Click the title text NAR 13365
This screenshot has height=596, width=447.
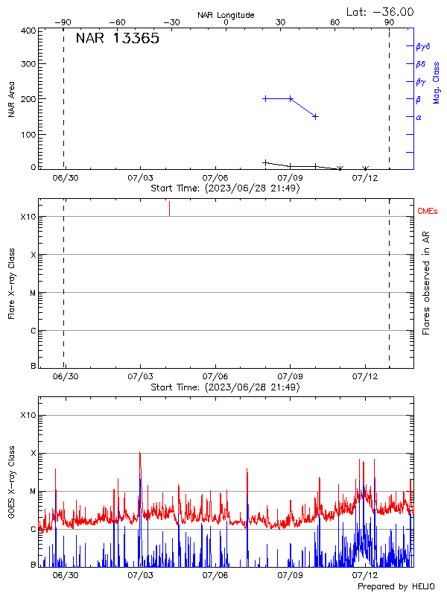pyautogui.click(x=118, y=39)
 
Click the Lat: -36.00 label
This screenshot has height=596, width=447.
pyautogui.click(x=381, y=12)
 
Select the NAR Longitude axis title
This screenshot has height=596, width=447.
pyautogui.click(x=226, y=15)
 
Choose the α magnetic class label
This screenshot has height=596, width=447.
pyautogui.click(x=419, y=117)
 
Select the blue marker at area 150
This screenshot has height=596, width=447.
pyautogui.click(x=315, y=116)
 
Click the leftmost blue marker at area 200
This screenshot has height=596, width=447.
pyautogui.click(x=265, y=98)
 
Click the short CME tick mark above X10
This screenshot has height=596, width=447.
pyautogui.click(x=170, y=208)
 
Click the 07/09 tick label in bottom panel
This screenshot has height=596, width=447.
pyautogui.click(x=290, y=576)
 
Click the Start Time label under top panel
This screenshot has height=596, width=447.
pyautogui.click(x=225, y=188)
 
